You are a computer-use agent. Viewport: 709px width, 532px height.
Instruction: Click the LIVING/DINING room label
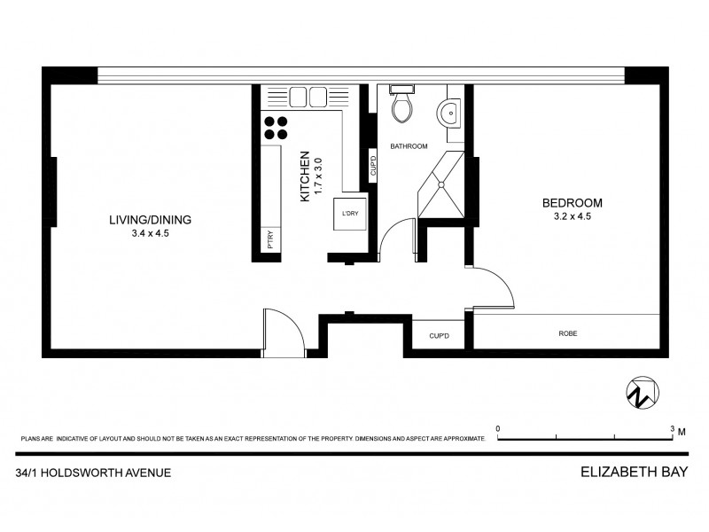click(150, 220)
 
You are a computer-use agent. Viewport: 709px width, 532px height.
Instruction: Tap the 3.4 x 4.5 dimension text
click(150, 234)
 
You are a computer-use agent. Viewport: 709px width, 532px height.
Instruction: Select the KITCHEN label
click(305, 176)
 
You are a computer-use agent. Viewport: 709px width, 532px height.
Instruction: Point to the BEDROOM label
click(572, 202)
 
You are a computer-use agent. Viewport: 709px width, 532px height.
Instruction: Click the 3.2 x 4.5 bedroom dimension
click(572, 216)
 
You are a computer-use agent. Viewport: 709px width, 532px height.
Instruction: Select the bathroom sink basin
click(449, 113)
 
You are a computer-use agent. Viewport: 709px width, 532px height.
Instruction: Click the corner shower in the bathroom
click(442, 184)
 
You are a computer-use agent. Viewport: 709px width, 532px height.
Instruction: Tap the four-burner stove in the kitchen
click(275, 128)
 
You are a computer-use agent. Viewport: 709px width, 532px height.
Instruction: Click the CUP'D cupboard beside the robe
click(440, 335)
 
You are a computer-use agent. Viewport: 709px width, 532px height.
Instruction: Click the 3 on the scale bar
click(673, 427)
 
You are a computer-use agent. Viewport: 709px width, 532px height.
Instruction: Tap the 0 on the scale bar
click(498, 427)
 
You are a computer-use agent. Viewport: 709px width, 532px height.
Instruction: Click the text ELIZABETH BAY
click(635, 473)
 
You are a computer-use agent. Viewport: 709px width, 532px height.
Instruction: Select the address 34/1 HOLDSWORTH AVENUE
click(94, 473)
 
